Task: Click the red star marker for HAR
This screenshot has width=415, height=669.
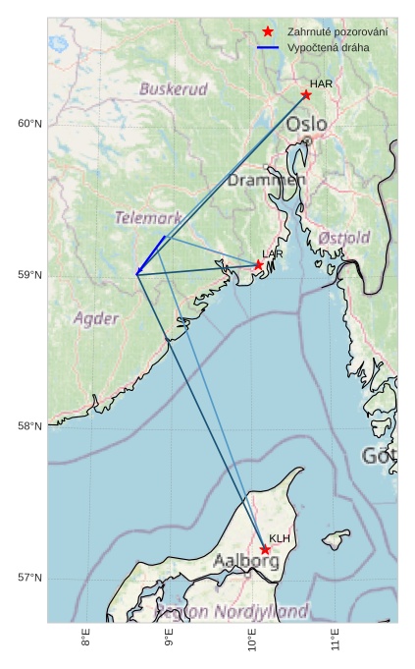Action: [306, 94]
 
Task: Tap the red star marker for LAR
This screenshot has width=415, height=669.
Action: [259, 264]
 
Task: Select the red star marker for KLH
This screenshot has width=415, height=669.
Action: [265, 549]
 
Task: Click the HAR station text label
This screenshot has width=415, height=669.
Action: [321, 84]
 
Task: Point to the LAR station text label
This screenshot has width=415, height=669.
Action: [273, 254]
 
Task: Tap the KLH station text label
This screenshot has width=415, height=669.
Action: [280, 538]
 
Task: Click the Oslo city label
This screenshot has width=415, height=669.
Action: [307, 125]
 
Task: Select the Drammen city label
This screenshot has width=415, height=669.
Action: [266, 181]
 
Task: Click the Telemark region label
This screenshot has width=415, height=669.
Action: [148, 218]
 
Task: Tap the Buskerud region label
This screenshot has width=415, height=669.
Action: [174, 89]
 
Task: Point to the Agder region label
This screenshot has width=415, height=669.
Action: [96, 318]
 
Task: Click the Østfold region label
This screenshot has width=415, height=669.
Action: [344, 239]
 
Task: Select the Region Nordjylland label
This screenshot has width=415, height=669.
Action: [232, 611]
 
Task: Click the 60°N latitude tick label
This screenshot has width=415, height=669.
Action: [29, 124]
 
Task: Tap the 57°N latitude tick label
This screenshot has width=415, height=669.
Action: [29, 578]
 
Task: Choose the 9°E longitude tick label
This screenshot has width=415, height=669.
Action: [170, 643]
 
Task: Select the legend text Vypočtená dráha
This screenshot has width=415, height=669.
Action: [327, 48]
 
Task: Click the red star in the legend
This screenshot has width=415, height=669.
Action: [268, 31]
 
